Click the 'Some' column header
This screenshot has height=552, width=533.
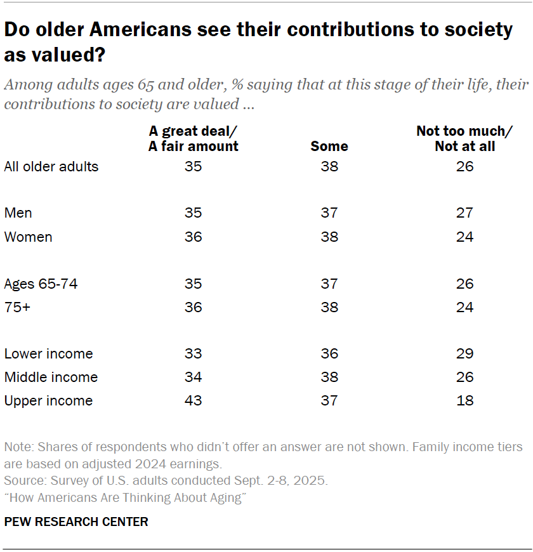(x=329, y=146)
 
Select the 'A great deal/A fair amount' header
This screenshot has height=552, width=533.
(x=194, y=138)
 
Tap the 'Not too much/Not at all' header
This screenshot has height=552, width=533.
(x=464, y=138)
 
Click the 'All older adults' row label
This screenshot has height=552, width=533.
(x=51, y=167)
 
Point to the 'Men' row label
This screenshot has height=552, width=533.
(x=18, y=213)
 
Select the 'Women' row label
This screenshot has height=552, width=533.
(x=28, y=237)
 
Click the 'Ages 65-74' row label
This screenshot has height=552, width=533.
(x=41, y=284)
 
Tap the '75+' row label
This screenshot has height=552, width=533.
(x=18, y=307)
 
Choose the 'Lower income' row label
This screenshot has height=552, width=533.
(x=48, y=353)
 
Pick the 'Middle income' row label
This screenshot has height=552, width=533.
(x=51, y=377)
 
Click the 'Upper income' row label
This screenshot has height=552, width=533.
(x=48, y=400)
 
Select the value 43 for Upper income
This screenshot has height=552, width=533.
(x=193, y=400)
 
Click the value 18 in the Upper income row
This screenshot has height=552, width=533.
(x=464, y=400)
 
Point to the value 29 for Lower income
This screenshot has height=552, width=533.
(x=464, y=353)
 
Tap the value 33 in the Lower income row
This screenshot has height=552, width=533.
(x=193, y=353)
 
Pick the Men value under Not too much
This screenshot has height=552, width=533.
(x=464, y=213)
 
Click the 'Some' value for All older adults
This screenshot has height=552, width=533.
(x=329, y=167)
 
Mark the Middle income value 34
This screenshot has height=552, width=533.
(x=193, y=377)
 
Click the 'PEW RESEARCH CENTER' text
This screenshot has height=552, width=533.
(x=76, y=522)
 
